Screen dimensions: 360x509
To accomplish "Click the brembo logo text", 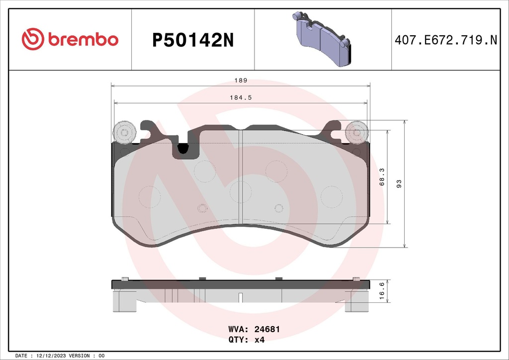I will click(83, 40).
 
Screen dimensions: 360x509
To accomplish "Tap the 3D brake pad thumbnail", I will click(323, 39).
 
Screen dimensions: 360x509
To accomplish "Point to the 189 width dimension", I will click(241, 80).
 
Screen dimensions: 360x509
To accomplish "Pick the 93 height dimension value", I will click(398, 183).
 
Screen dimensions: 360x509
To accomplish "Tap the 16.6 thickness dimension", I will click(382, 290).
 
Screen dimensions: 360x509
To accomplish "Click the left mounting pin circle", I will click(124, 132).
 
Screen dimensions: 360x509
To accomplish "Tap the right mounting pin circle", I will click(356, 132).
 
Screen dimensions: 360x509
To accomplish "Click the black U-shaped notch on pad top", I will click(183, 148).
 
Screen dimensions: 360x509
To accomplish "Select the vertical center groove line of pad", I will click(241, 177).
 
